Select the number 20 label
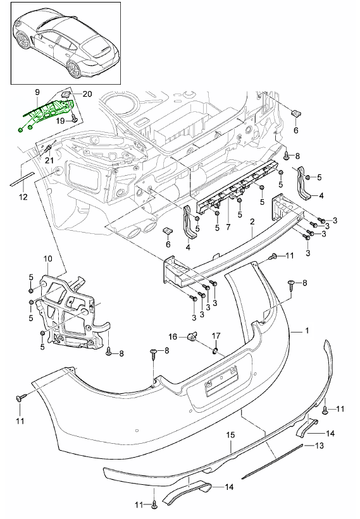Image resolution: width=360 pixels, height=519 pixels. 87,94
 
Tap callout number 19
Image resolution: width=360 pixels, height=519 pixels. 60,121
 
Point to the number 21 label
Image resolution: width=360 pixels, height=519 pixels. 49,161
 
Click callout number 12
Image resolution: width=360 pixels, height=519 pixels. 23,197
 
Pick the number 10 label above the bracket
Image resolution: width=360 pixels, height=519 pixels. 47,259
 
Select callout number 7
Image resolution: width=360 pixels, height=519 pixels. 228,228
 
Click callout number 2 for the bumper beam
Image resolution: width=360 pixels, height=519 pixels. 252,222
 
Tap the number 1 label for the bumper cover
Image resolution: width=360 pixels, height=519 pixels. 307,331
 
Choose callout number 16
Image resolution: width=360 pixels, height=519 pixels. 173,336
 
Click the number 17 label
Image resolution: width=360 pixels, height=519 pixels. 216,336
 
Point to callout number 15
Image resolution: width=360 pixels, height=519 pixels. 230,434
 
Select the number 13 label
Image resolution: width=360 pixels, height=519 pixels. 319,446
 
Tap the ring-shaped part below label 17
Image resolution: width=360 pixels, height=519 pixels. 216,350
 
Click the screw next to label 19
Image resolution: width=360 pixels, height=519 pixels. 74,118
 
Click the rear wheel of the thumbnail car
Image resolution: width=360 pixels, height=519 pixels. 74,69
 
